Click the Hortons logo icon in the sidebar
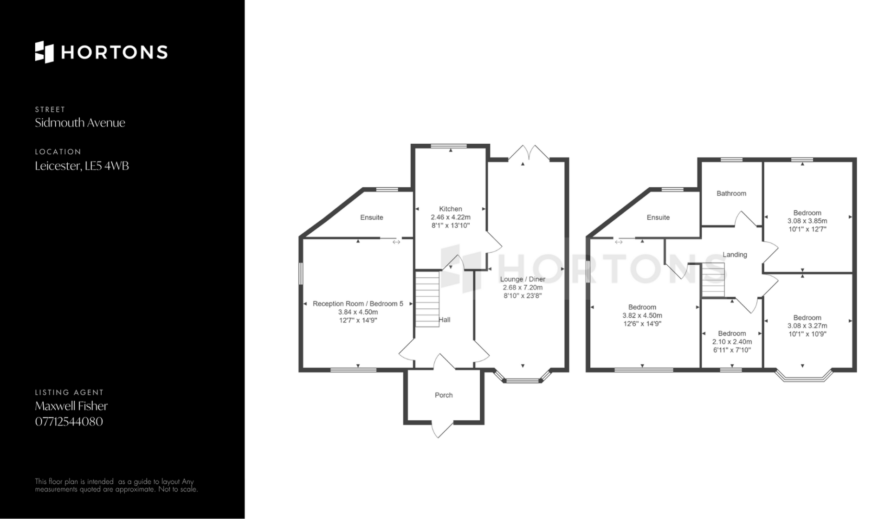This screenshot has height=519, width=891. pyautogui.click(x=45, y=52)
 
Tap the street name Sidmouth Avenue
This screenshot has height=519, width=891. pyautogui.click(x=80, y=123)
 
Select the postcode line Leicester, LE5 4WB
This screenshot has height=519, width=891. pyautogui.click(x=82, y=166)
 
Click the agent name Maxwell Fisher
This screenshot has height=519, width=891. pyautogui.click(x=71, y=406)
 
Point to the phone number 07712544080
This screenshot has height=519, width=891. pyautogui.click(x=69, y=422)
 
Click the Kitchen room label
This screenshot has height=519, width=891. pyautogui.click(x=451, y=209)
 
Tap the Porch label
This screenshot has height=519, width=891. pyautogui.click(x=444, y=395)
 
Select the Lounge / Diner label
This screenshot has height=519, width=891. pyautogui.click(x=523, y=279)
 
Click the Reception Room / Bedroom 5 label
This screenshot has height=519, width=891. pyautogui.click(x=358, y=304)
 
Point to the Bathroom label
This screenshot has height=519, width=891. pyautogui.click(x=731, y=193)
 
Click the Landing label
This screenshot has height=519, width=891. pyautogui.click(x=735, y=255)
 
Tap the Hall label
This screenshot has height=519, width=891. pyautogui.click(x=445, y=320)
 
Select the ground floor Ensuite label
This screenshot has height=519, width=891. pyautogui.click(x=372, y=217)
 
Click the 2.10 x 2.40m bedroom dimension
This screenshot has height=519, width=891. pyautogui.click(x=732, y=342)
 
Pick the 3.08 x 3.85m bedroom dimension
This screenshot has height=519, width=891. pyautogui.click(x=807, y=221)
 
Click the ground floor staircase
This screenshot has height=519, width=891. pyautogui.click(x=427, y=299)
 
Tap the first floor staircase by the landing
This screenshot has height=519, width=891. pyautogui.click(x=712, y=280)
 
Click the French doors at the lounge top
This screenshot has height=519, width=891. pyautogui.click(x=529, y=154)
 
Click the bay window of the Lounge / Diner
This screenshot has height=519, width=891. pyautogui.click(x=523, y=377)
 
